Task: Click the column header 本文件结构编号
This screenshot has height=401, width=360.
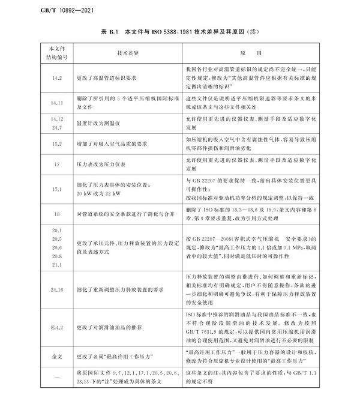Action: tap(58, 53)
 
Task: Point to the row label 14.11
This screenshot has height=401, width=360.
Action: tap(58, 103)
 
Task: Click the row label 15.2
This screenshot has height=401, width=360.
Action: tap(58, 145)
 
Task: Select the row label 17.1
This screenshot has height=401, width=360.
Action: tap(58, 188)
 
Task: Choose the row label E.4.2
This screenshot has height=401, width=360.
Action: tap(58, 328)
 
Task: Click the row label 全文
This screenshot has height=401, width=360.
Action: tap(58, 357)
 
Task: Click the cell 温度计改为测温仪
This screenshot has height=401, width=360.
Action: tap(103, 124)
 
